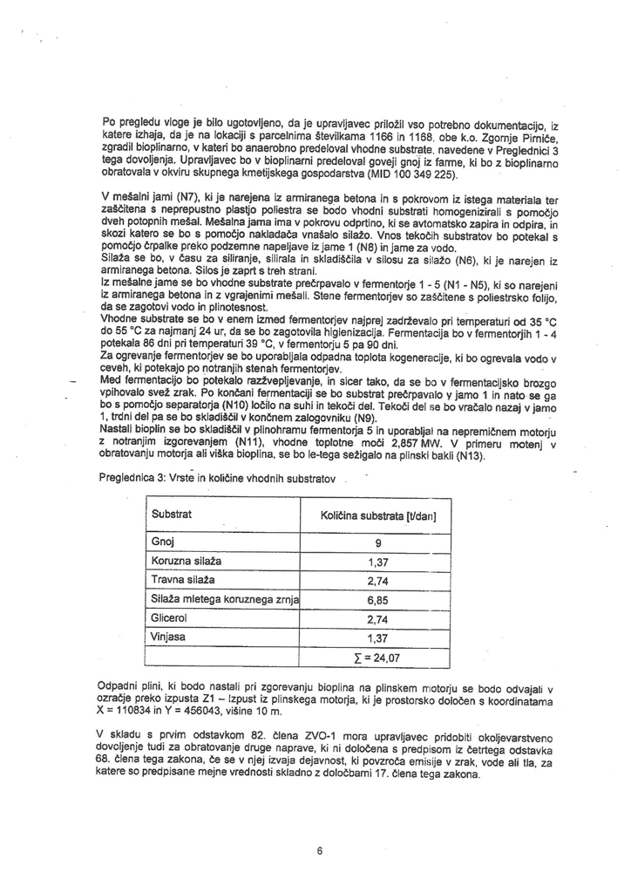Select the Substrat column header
pos(172,515)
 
